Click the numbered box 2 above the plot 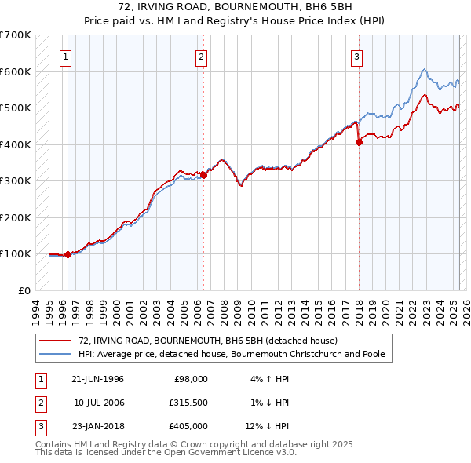(x=202, y=57)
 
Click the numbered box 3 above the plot (x=356, y=57)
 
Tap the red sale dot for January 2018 (x=359, y=142)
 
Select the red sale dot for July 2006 (x=204, y=175)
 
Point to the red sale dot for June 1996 (x=68, y=254)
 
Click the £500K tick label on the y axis (x=16, y=108)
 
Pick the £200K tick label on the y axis (x=16, y=217)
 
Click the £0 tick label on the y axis (x=23, y=290)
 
